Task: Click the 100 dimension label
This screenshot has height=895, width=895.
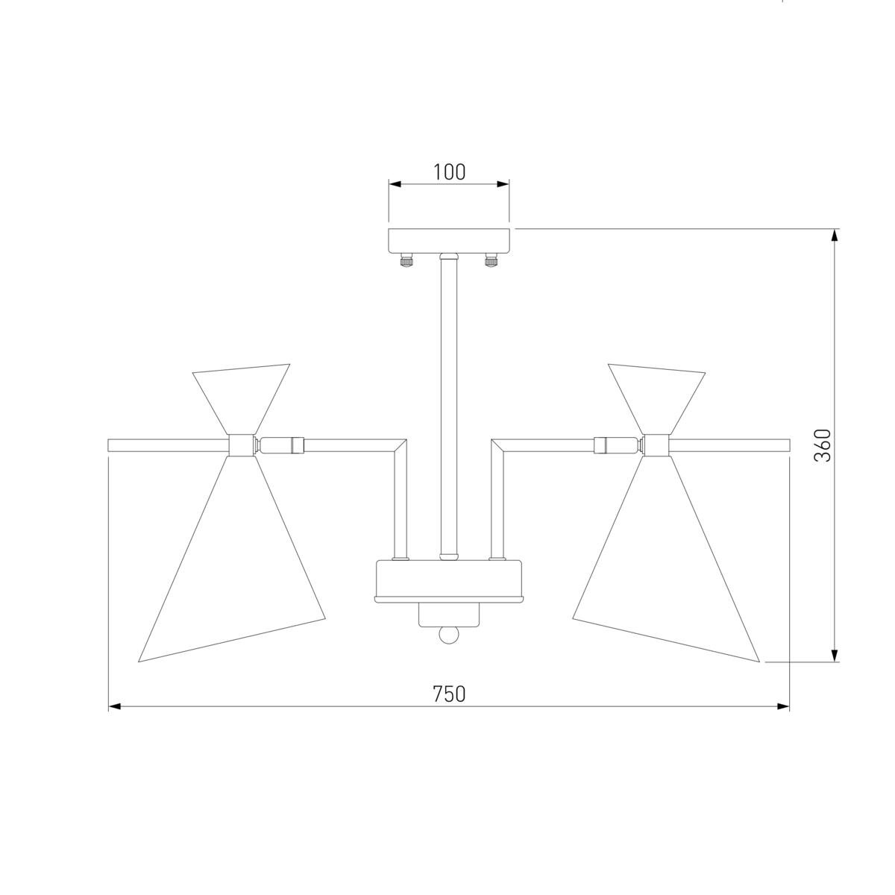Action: click(x=449, y=172)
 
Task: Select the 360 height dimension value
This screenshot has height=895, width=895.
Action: click(x=822, y=445)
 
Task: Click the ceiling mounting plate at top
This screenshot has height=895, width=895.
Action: click(x=449, y=241)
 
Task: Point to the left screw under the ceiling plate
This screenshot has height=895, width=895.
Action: click(x=407, y=260)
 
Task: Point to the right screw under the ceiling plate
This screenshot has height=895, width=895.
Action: click(x=491, y=260)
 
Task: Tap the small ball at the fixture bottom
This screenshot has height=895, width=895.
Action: click(x=449, y=635)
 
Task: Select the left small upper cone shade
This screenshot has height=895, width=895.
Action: click(x=241, y=398)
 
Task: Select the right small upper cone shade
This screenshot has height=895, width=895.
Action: click(x=656, y=398)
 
